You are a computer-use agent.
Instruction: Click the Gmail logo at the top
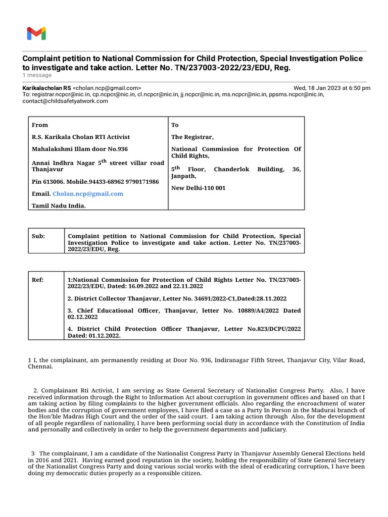pos(36,34)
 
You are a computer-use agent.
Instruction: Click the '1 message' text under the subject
pos(37,75)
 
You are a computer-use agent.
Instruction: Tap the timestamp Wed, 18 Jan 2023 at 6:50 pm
pos(332,88)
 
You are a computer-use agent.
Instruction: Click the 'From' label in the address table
pos(40,125)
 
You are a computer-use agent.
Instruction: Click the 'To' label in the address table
pos(175,125)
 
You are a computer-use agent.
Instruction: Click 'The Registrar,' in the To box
pos(192,137)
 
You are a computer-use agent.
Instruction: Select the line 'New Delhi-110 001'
pos(199,188)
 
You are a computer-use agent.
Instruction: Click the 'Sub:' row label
pos(38,236)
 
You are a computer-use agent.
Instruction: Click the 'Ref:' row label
pos(38,280)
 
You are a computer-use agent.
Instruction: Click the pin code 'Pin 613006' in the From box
pos(48,181)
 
